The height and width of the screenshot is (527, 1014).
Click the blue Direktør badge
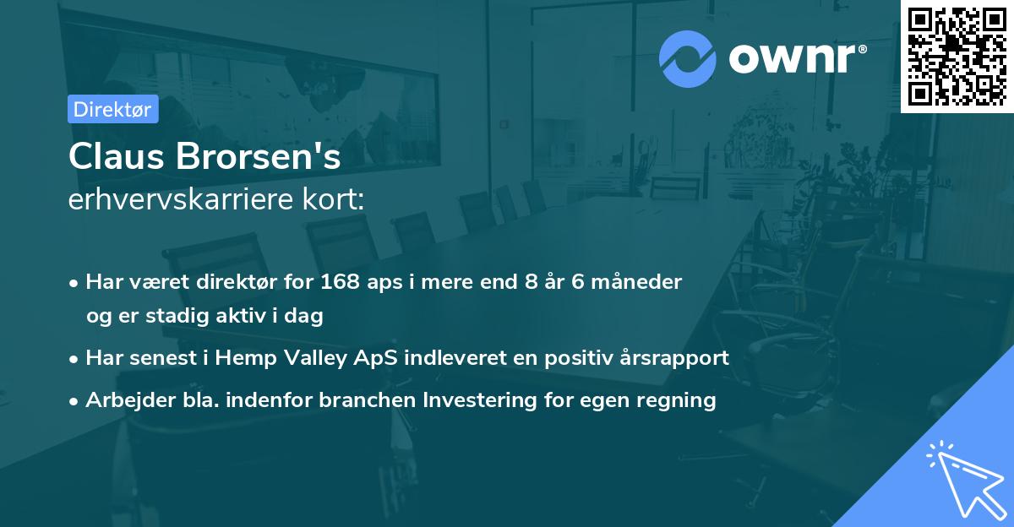[113, 109]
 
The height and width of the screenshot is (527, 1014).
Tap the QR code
[957, 57]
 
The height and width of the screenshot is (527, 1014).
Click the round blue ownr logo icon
[687, 59]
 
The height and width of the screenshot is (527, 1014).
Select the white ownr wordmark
[792, 58]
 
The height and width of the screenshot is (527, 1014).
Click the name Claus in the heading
[117, 156]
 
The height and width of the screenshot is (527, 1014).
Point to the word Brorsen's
[258, 156]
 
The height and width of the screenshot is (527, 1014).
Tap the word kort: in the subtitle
[333, 199]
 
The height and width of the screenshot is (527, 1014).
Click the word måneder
[636, 282]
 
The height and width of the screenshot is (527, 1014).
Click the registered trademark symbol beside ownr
[862, 49]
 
